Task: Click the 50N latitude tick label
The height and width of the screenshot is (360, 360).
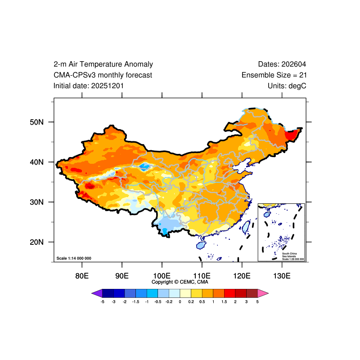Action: pos(36,122)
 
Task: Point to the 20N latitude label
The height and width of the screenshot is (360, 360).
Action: pos(36,242)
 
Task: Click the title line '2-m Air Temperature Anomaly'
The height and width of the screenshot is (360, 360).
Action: pos(103,64)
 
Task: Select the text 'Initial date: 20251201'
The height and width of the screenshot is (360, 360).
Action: pos(89,85)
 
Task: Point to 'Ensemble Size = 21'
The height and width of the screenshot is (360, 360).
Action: pos(274,75)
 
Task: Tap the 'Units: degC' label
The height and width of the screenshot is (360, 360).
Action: pos(287,85)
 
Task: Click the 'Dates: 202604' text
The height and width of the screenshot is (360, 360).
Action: pos(282,64)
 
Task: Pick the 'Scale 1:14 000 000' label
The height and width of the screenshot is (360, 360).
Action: pos(74,258)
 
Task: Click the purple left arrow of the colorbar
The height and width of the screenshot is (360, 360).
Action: pos(97,293)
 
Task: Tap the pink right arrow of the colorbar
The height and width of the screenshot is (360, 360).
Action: pos(263,293)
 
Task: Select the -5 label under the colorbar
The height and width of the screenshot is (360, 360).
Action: pos(103,301)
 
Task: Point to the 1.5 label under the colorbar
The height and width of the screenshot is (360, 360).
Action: pos(224,301)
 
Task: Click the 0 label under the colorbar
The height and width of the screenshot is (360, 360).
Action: pos(180,301)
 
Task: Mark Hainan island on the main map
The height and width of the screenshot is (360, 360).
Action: pos(201,245)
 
